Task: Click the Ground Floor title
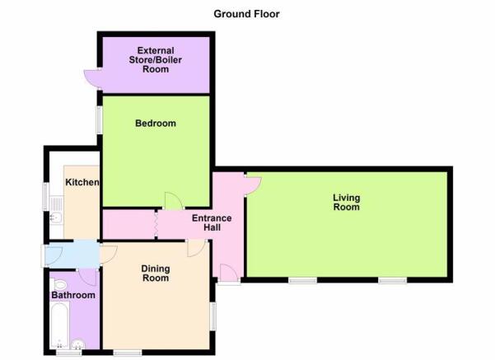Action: [x=246, y=14]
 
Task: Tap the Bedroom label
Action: [x=156, y=124]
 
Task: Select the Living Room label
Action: [x=347, y=203]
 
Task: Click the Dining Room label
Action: [x=156, y=274]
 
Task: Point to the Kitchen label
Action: [x=82, y=182]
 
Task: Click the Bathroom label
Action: [x=73, y=295]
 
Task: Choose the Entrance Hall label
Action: [x=212, y=222]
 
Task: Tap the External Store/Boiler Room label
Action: [x=156, y=59]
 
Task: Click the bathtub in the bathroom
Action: [x=59, y=325]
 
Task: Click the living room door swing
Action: [x=253, y=185]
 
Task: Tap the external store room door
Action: [x=92, y=79]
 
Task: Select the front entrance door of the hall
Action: [x=229, y=273]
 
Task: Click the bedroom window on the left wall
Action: [x=99, y=119]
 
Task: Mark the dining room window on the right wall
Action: [x=213, y=316]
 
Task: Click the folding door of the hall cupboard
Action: [x=156, y=225]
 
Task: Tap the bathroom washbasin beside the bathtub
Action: [x=77, y=344]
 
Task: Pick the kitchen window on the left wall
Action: [x=46, y=197]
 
